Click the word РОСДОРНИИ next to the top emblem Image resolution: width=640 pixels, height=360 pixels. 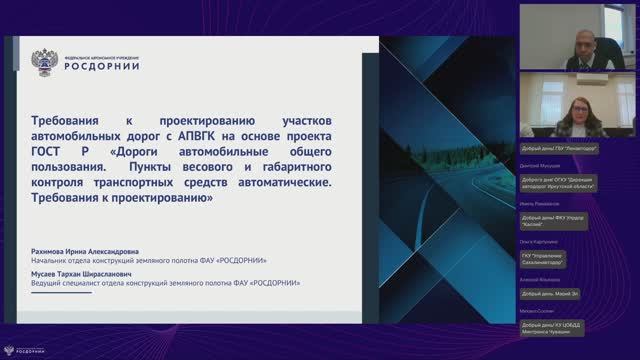coord(102,67)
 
